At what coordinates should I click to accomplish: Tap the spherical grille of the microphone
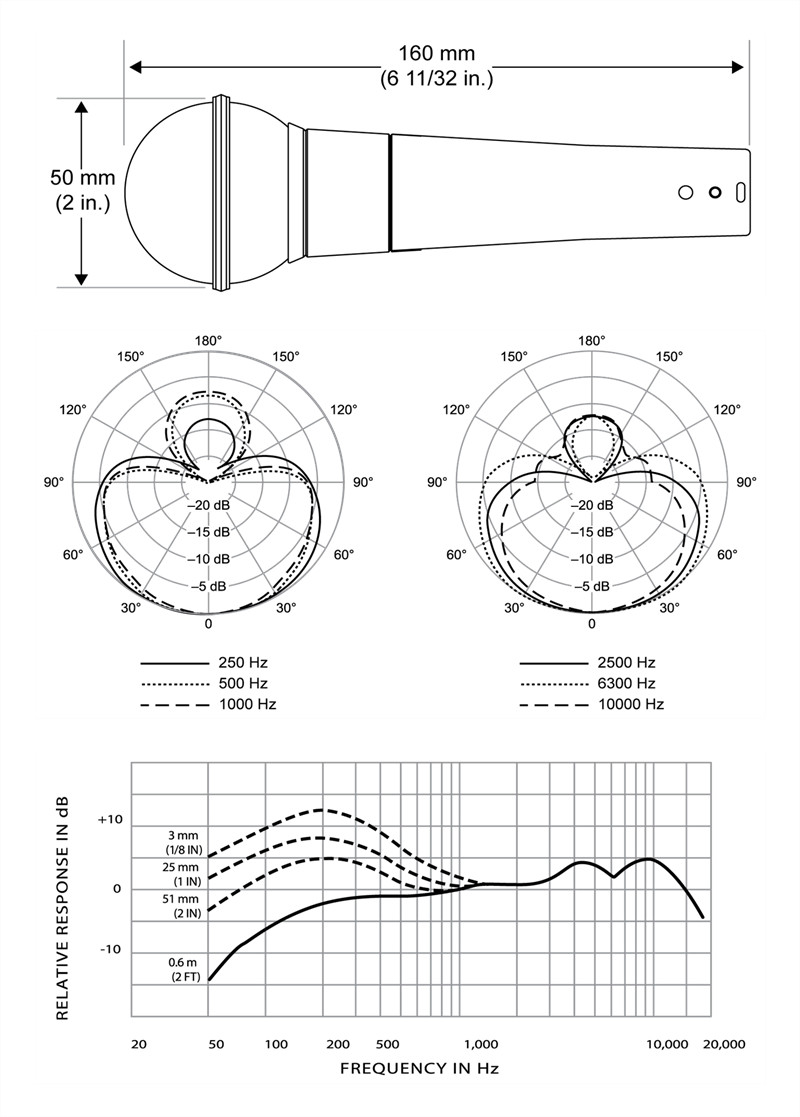click(170, 193)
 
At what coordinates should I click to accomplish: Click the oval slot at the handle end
click(740, 192)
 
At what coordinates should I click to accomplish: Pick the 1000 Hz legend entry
click(208, 705)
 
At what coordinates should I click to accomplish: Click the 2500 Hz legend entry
click(588, 663)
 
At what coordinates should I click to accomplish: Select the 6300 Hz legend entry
click(588, 683)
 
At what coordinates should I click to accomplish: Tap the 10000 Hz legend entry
click(592, 705)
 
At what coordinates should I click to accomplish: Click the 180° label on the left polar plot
click(209, 341)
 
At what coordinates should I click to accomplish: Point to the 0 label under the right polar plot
click(592, 624)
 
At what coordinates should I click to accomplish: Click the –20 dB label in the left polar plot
click(209, 505)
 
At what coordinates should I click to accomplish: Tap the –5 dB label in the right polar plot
click(592, 586)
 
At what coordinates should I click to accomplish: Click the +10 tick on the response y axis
click(110, 819)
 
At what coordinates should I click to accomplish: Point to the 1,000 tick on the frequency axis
click(482, 1044)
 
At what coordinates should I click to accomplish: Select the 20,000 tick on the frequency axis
click(723, 1044)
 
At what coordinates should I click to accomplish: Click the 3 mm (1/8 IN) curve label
click(184, 842)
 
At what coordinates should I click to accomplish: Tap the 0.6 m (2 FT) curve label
click(185, 969)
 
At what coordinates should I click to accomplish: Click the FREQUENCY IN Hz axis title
click(420, 1069)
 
